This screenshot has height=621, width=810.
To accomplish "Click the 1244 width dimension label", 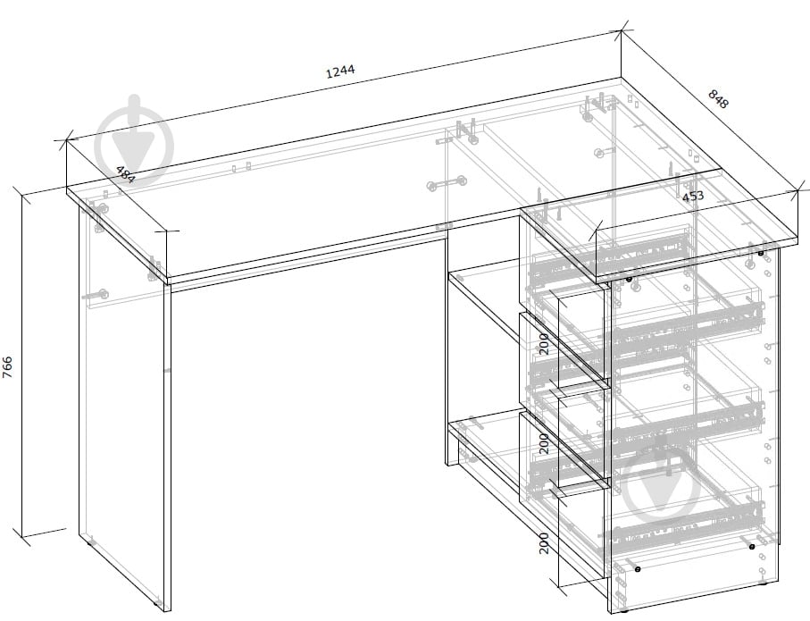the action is [x=341, y=71].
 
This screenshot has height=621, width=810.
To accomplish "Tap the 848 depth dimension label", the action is [x=717, y=99].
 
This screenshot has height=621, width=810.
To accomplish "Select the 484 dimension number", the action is [x=125, y=174].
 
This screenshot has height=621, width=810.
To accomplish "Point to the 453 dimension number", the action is [x=693, y=196].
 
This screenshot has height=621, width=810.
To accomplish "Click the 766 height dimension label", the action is [x=8, y=367].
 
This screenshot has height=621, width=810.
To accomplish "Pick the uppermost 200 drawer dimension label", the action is [x=544, y=344].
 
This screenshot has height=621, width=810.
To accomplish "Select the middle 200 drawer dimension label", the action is [x=544, y=444].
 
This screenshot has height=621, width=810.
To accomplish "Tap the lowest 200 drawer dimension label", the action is [x=544, y=543].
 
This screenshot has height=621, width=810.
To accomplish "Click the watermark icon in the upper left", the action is [x=134, y=139].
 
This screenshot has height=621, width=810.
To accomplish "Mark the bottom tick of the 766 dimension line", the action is [x=21, y=537].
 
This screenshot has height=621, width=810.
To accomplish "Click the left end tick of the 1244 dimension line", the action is [x=67, y=139].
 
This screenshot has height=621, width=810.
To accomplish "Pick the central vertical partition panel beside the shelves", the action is [x=447, y=347].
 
